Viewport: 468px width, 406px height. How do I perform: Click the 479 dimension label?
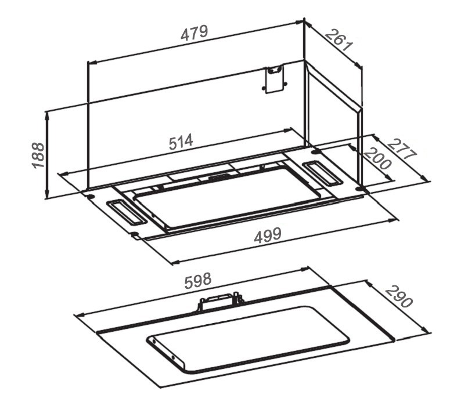coord(194,33)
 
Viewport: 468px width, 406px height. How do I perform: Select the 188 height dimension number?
coord(38,155)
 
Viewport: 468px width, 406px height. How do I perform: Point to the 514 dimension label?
coord(181,142)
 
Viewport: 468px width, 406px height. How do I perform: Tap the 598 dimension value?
coord(198,281)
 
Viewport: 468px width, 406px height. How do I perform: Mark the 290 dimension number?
coord(399,296)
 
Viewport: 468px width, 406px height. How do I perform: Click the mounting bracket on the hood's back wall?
coord(274,79)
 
